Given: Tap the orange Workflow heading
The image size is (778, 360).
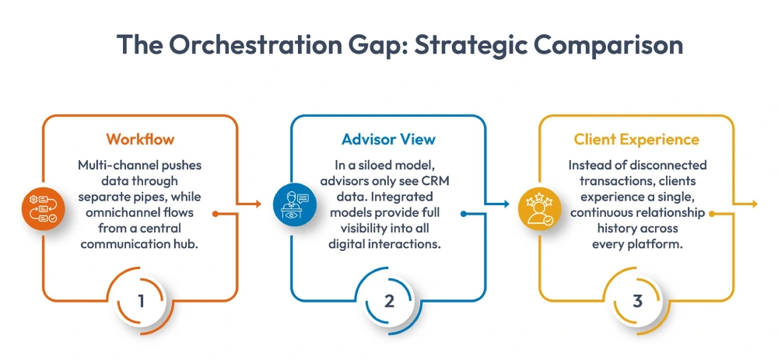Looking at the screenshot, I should pos(140,140).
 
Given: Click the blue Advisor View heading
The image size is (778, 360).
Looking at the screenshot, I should pos(388,140).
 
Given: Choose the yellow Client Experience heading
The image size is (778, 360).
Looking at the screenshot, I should pos(636,140).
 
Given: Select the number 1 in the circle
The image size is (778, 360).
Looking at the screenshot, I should pos(141,301).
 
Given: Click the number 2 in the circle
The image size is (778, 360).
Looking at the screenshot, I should pos(389,301).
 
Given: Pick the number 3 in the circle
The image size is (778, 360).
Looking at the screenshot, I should pos(637,301).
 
